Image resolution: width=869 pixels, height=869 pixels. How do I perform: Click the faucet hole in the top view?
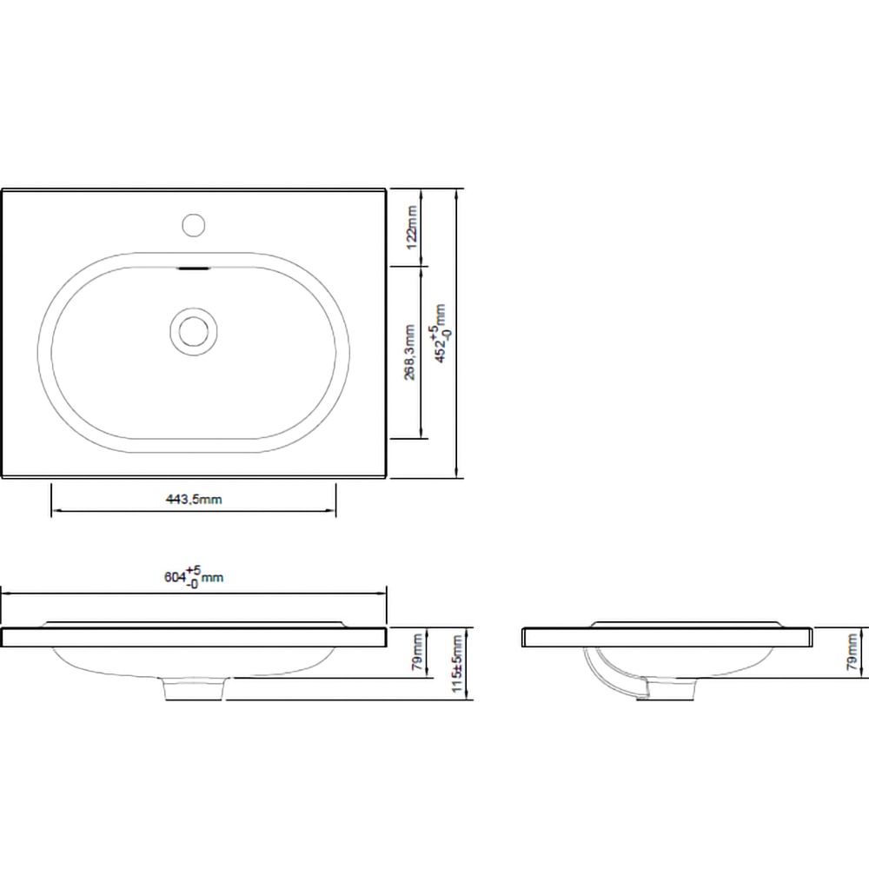coord(193,224)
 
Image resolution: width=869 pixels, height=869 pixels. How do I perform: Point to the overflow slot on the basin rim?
coord(193,269)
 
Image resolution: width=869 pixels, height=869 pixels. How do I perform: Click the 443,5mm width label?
coord(194,499)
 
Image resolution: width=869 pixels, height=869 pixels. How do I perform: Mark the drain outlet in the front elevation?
coord(196,688)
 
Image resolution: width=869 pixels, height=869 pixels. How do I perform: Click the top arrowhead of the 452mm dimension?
coord(458,193)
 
